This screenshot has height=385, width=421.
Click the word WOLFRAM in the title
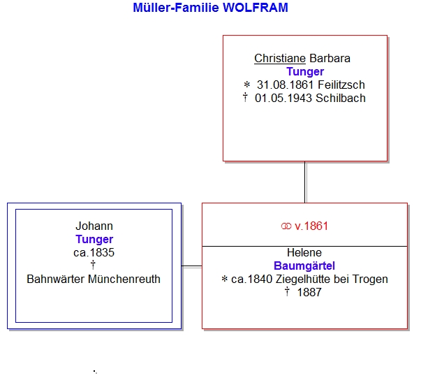pyautogui.click(x=256, y=8)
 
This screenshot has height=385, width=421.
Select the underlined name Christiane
pyautogui.click(x=280, y=58)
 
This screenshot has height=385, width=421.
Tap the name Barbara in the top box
pyautogui.click(x=330, y=58)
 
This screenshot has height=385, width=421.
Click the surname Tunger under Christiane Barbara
pyautogui.click(x=305, y=72)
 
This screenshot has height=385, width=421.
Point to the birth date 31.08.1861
pyautogui.click(x=286, y=85)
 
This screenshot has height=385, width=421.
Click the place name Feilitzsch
pyautogui.click(x=341, y=85)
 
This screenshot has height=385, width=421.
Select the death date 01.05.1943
pyautogui.click(x=283, y=98)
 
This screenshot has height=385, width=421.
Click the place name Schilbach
pyautogui.click(x=341, y=98)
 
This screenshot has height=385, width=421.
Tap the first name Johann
pyautogui.click(x=94, y=226)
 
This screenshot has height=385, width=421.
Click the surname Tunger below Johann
pyautogui.click(x=94, y=240)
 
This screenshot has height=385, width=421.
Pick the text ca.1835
pyautogui.click(x=94, y=252)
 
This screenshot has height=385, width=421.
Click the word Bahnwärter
pyautogui.click(x=56, y=279)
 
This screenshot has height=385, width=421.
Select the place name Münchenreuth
pyautogui.click(x=124, y=279)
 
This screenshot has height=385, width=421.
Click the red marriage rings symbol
pyautogui.click(x=286, y=226)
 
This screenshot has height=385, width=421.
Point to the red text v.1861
pyautogui.click(x=311, y=226)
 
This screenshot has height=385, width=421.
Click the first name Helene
pyautogui.click(x=304, y=252)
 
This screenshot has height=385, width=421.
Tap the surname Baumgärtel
pyautogui.click(x=304, y=266)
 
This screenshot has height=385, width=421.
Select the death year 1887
pyautogui.click(x=309, y=292)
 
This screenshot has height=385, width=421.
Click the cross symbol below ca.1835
pyautogui.click(x=93, y=265)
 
